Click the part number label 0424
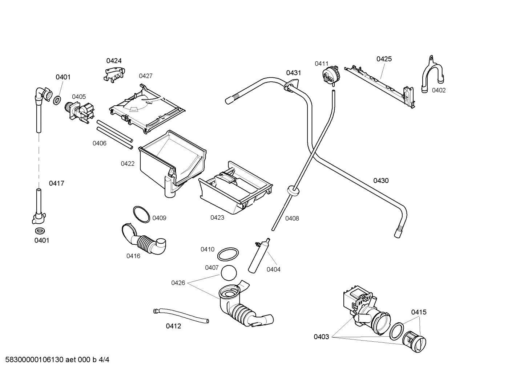[x=114, y=61]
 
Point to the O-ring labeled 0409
[x=141, y=214]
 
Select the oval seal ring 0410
[x=228, y=254]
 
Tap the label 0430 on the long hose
[x=381, y=180]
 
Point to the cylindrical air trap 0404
[x=258, y=256]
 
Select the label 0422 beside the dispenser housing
[x=128, y=164]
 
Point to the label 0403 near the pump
[x=321, y=337]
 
